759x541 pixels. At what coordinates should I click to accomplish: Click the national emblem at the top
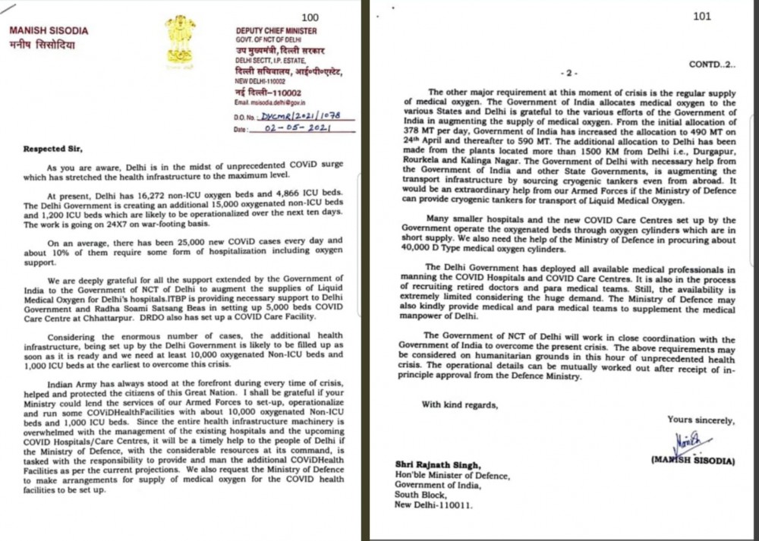[x=181, y=42]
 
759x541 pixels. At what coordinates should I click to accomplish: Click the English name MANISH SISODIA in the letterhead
[x=48, y=31]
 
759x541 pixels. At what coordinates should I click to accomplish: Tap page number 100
[x=310, y=17]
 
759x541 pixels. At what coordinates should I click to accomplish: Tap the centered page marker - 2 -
[x=568, y=74]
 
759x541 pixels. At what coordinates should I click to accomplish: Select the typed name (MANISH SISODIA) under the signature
[x=692, y=460]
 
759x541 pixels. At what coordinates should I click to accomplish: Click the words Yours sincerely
[x=701, y=420]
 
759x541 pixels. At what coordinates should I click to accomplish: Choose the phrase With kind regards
[x=460, y=404]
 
